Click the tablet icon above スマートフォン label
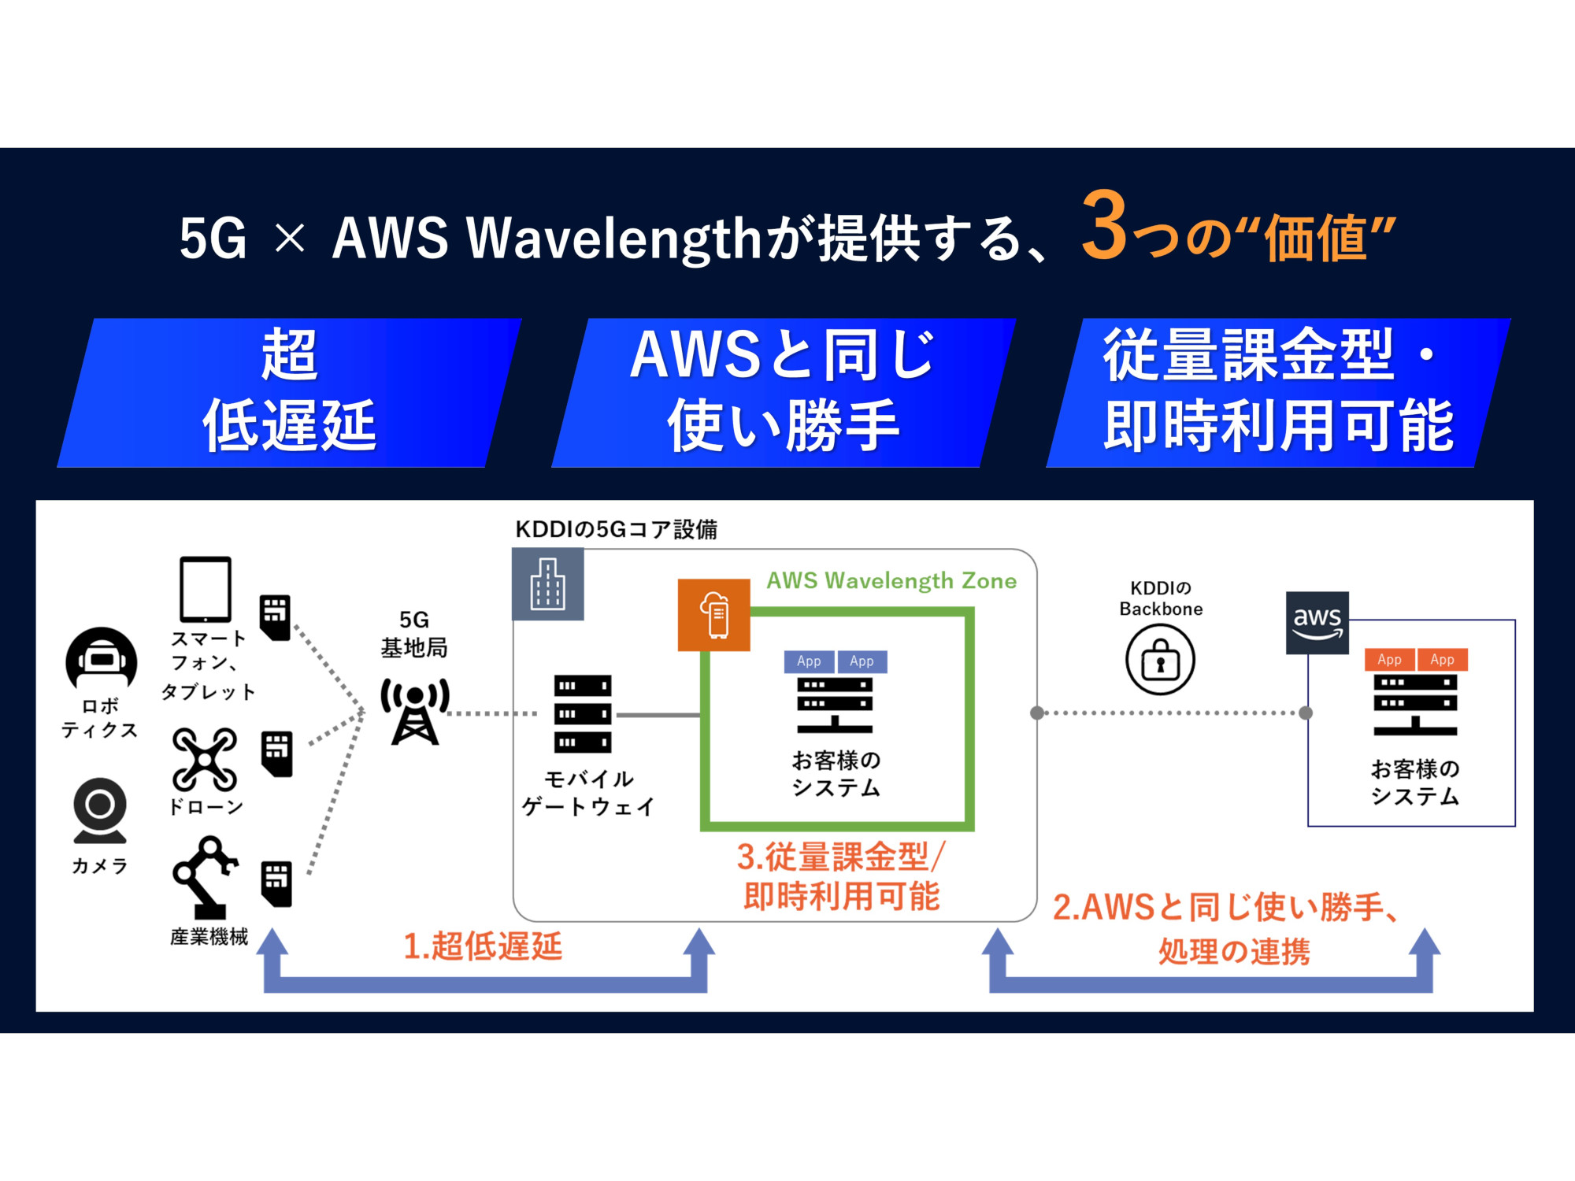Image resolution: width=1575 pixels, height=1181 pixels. [x=206, y=590]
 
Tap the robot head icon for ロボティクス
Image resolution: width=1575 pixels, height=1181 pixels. [x=102, y=660]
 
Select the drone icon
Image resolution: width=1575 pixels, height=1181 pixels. [x=205, y=759]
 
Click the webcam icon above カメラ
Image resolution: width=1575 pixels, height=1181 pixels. [x=100, y=810]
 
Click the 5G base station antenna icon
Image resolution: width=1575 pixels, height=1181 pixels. [x=415, y=710]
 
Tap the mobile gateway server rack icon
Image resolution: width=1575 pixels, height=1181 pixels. [x=583, y=713]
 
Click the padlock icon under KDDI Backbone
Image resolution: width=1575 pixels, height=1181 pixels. [x=1160, y=660]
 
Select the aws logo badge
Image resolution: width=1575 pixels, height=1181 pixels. [x=1317, y=623]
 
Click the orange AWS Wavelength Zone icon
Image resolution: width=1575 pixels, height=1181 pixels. [x=713, y=615]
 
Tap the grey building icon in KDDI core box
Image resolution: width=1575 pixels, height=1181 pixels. [x=548, y=584]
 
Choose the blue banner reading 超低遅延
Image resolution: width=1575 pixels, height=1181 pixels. [x=290, y=392]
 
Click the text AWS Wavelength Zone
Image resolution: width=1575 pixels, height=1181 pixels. [x=891, y=581]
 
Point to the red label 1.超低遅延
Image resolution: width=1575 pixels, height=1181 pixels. [x=483, y=946]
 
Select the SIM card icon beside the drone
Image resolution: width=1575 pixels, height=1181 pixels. [x=276, y=753]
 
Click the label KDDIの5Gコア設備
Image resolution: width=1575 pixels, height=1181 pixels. [x=616, y=529]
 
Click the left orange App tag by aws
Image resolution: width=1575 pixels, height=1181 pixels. [x=1389, y=660]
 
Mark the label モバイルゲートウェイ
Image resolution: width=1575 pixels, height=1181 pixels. [x=588, y=793]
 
